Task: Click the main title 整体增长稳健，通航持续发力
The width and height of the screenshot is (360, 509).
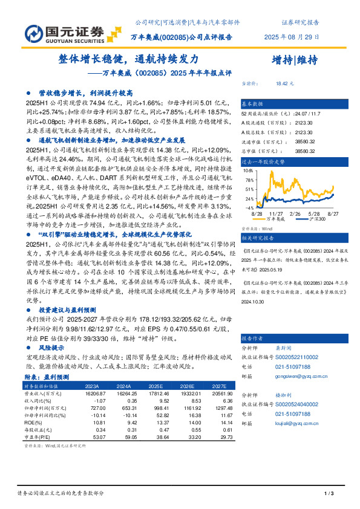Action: coord(128,60)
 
